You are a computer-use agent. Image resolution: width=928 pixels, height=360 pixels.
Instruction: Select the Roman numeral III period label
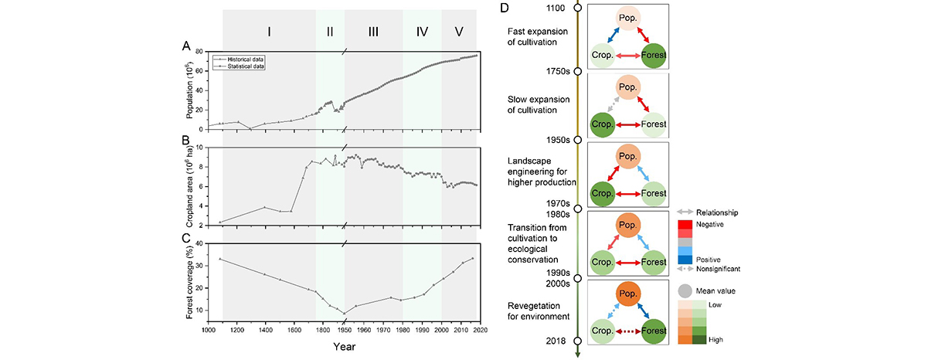[373, 32]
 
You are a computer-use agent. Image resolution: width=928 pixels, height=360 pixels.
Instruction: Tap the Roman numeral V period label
[459, 32]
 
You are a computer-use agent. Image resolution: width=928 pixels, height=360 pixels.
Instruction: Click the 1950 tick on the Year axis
[345, 328]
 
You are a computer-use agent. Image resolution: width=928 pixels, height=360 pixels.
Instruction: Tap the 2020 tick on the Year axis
[478, 328]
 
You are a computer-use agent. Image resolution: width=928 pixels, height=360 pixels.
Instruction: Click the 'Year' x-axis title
[345, 346]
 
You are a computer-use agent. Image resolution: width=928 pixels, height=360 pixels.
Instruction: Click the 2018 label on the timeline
[557, 341]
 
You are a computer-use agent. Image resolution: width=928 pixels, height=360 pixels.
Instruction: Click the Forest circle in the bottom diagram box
[654, 331]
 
